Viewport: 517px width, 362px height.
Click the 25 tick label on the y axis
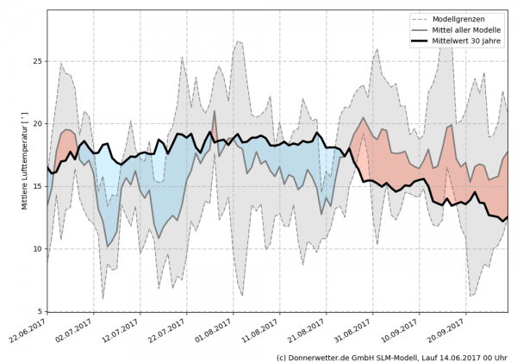[37, 61]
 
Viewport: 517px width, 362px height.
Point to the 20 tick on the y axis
[37, 124]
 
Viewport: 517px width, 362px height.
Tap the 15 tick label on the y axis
[37, 187]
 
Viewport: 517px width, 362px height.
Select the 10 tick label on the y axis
[37, 249]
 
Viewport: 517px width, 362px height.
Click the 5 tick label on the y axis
[40, 311]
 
